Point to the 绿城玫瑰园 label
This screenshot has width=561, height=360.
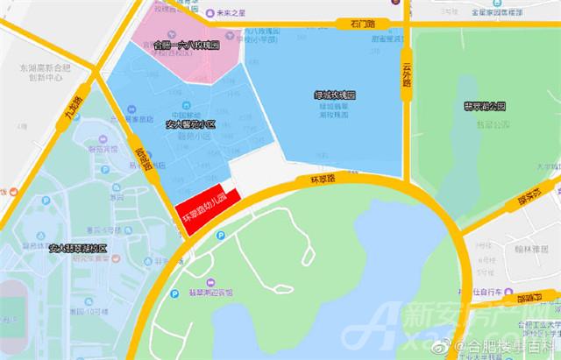[x=335, y=94]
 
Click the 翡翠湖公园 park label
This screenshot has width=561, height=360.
[x=485, y=106]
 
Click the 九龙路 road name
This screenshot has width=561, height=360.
[x=72, y=109]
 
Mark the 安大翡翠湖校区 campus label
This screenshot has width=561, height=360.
[x=77, y=248]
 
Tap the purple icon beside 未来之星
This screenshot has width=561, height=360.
[x=210, y=14]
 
